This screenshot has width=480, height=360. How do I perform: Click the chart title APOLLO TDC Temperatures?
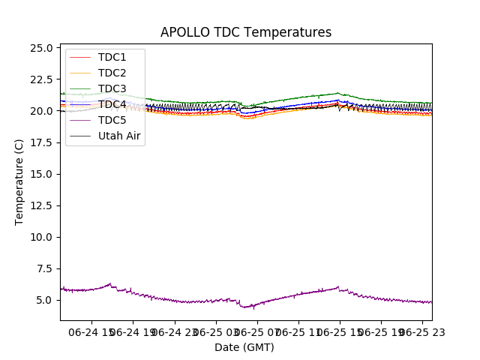click(245, 32)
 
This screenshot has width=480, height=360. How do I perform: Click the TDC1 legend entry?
click(112, 57)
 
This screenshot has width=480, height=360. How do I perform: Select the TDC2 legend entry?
click(112, 73)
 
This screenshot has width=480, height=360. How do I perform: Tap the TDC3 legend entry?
click(112, 88)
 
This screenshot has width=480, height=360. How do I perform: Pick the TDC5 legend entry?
click(112, 120)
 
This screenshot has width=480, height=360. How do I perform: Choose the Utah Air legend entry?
click(119, 136)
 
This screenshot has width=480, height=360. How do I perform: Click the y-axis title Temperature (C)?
click(19, 181)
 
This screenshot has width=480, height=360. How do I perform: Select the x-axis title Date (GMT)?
click(244, 347)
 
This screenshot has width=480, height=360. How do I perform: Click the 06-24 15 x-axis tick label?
click(92, 331)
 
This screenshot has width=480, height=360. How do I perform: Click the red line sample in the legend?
click(79, 57)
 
